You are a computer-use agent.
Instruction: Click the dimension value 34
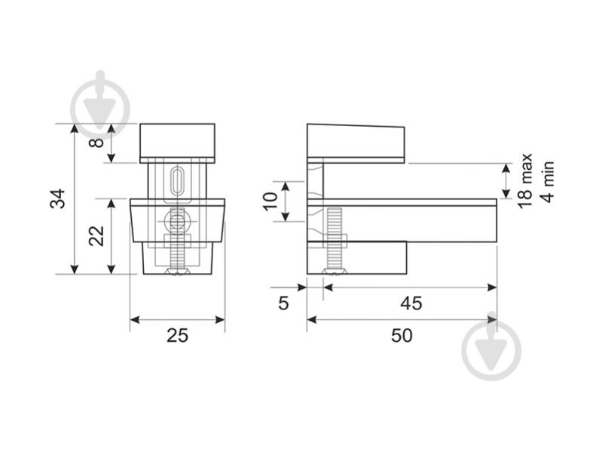coord(57,198)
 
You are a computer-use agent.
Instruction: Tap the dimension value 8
coord(96,143)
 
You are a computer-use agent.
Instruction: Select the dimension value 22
coord(96,235)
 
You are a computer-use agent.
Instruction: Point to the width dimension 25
coord(177,336)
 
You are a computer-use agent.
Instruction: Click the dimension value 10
coord(270,201)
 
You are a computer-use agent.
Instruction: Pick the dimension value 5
coord(283,303)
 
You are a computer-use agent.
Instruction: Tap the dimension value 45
coord(411,303)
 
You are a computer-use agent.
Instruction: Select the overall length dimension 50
coord(402,336)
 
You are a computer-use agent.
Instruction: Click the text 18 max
coord(525,181)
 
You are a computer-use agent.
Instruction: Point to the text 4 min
coord(548,182)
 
